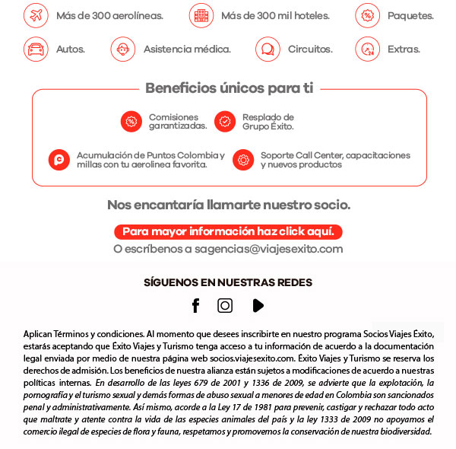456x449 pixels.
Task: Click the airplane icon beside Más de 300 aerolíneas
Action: point(35,15)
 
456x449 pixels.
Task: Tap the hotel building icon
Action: point(201,15)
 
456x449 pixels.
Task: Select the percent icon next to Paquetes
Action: point(367,15)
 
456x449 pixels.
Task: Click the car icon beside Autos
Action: point(35,49)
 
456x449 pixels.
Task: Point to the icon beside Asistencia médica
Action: point(122,49)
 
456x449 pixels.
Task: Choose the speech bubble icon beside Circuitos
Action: point(267,49)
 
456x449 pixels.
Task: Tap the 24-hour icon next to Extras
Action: point(367,49)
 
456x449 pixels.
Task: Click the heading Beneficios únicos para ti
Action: point(229,88)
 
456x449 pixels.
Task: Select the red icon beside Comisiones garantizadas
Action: point(131,121)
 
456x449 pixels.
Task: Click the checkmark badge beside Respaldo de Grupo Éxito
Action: point(224,121)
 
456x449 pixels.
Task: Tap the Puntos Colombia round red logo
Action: point(59,160)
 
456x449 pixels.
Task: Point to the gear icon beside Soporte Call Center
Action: point(242,160)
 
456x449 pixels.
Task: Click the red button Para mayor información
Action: point(229,231)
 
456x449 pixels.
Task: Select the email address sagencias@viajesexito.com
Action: point(269,249)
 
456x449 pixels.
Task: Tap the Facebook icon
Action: point(195,305)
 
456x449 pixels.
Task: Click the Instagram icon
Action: point(225,305)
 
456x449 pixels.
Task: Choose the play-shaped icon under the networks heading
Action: point(258,305)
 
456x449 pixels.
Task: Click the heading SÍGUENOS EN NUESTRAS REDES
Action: point(228,282)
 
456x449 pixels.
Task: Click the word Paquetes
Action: point(410,16)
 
